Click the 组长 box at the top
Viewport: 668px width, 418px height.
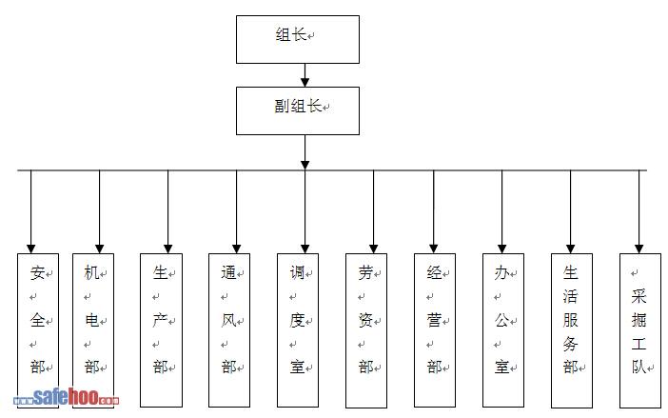pos(298,39)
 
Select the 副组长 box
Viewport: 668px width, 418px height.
pos(298,109)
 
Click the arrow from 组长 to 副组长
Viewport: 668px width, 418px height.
pos(305,75)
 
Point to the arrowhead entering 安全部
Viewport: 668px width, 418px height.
pos(31,247)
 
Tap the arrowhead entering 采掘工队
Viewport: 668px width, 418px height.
pos(639,247)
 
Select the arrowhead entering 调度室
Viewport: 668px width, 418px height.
pos(305,247)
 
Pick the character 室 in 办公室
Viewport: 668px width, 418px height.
pos(501,367)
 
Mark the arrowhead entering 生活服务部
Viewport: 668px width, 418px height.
pos(571,247)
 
